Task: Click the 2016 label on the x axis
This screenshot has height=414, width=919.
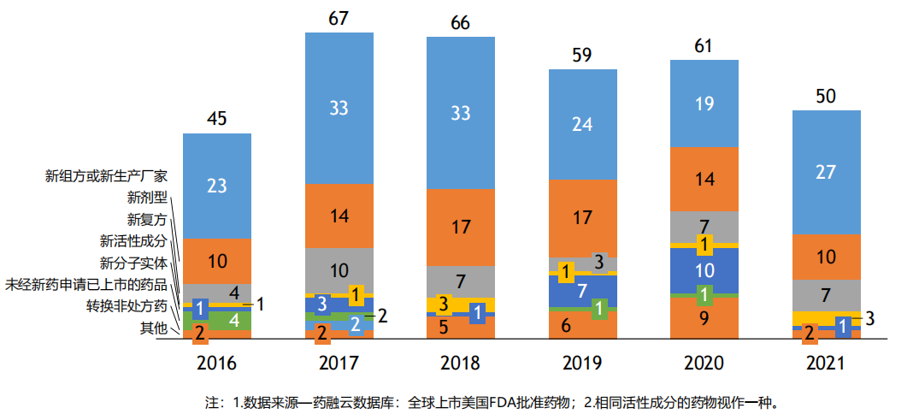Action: [x=217, y=363]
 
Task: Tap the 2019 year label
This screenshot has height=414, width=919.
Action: [x=581, y=363]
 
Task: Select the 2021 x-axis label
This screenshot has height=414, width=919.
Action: [x=825, y=363]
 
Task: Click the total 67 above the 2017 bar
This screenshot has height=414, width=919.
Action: [x=339, y=19]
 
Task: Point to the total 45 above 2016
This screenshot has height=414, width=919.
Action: [x=217, y=119]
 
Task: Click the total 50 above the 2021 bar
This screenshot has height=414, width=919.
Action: [x=825, y=97]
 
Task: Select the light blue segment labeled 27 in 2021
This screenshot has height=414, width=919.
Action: [x=825, y=172]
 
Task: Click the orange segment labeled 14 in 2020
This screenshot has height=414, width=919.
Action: [x=704, y=180]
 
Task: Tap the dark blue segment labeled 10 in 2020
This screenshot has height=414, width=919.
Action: [x=704, y=270]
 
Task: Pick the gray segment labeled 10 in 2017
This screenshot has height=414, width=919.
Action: [x=339, y=271]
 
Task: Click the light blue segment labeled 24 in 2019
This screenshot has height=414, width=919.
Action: [x=581, y=124]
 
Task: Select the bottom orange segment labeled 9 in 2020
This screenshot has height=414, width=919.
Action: [x=704, y=317]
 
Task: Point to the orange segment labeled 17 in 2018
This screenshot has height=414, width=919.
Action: [x=460, y=228]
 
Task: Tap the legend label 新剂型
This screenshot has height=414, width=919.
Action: [x=147, y=198]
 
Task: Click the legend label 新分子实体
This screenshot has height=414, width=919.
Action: [x=133, y=263]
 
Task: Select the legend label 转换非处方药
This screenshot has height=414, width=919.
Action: [x=127, y=306]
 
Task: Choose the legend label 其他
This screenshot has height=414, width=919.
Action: [x=154, y=328]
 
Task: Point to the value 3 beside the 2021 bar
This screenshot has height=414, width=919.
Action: [x=869, y=320]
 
